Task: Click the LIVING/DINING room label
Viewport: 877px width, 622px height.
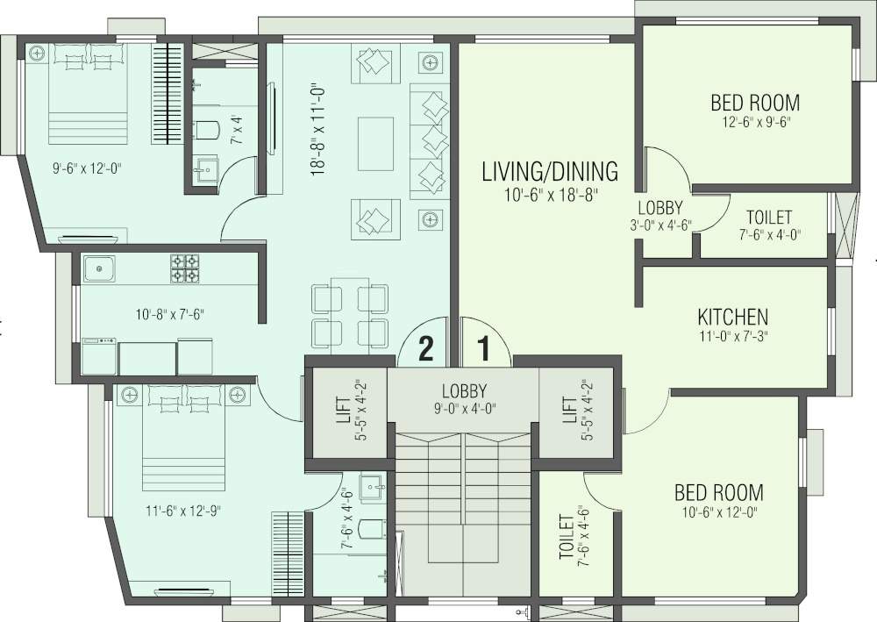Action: point(550,170)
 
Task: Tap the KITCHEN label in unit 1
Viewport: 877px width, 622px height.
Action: point(732,317)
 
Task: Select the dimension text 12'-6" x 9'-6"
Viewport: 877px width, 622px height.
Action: point(755,124)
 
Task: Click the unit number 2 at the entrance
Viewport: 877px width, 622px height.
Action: point(425,349)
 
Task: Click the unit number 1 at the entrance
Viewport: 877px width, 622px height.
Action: point(481,349)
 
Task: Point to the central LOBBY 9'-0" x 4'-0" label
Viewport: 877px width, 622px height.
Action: point(464,391)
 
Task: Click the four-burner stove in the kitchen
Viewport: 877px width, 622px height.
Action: point(184,268)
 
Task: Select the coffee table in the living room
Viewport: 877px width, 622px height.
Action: point(376,142)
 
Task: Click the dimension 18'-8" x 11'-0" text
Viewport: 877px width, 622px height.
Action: point(318,126)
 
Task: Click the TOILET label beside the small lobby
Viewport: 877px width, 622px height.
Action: point(769,217)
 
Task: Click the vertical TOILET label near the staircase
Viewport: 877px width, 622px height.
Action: point(566,536)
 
